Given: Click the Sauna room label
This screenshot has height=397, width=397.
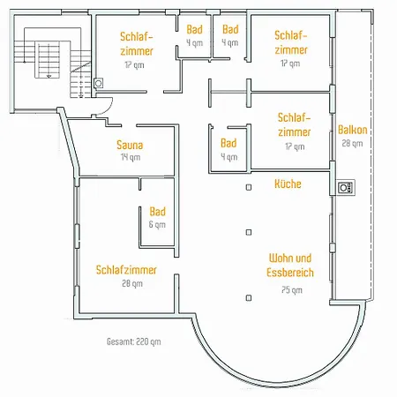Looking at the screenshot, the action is pyautogui.click(x=130, y=145).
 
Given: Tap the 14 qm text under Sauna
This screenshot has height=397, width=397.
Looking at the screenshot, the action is pyautogui.click(x=131, y=157).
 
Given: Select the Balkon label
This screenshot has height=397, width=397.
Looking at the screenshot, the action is pyautogui.click(x=353, y=130).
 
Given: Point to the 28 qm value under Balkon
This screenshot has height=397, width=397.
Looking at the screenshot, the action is pyautogui.click(x=352, y=144).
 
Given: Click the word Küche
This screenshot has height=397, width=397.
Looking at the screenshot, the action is pyautogui.click(x=288, y=184).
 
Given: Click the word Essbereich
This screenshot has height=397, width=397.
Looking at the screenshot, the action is pyautogui.click(x=290, y=273).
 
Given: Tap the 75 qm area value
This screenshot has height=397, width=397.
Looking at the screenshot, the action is pyautogui.click(x=292, y=290).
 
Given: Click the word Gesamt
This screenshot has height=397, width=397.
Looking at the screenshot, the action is pyautogui.click(x=121, y=341).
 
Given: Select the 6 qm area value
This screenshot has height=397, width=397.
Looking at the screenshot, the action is pyautogui.click(x=157, y=225).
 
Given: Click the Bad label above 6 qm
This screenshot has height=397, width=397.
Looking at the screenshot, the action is pyautogui.click(x=158, y=212).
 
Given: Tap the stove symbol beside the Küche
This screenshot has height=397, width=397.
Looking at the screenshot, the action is pyautogui.click(x=345, y=188).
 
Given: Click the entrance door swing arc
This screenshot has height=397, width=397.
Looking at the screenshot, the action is pyautogui.click(x=108, y=109).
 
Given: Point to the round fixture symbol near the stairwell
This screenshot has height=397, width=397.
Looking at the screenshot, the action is pyautogui.click(x=99, y=83).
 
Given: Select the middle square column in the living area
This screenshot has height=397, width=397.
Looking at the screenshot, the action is pyautogui.click(x=249, y=232).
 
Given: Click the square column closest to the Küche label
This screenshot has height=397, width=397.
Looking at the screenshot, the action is pyautogui.click(x=249, y=187).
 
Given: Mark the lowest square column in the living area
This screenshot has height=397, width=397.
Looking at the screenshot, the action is pyautogui.click(x=249, y=298).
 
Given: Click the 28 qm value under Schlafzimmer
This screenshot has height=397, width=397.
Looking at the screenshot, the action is pyautogui.click(x=132, y=283).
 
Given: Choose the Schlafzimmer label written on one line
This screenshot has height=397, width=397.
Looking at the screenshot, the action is pyautogui.click(x=126, y=270).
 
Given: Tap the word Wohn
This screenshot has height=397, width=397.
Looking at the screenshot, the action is pyautogui.click(x=278, y=258).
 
